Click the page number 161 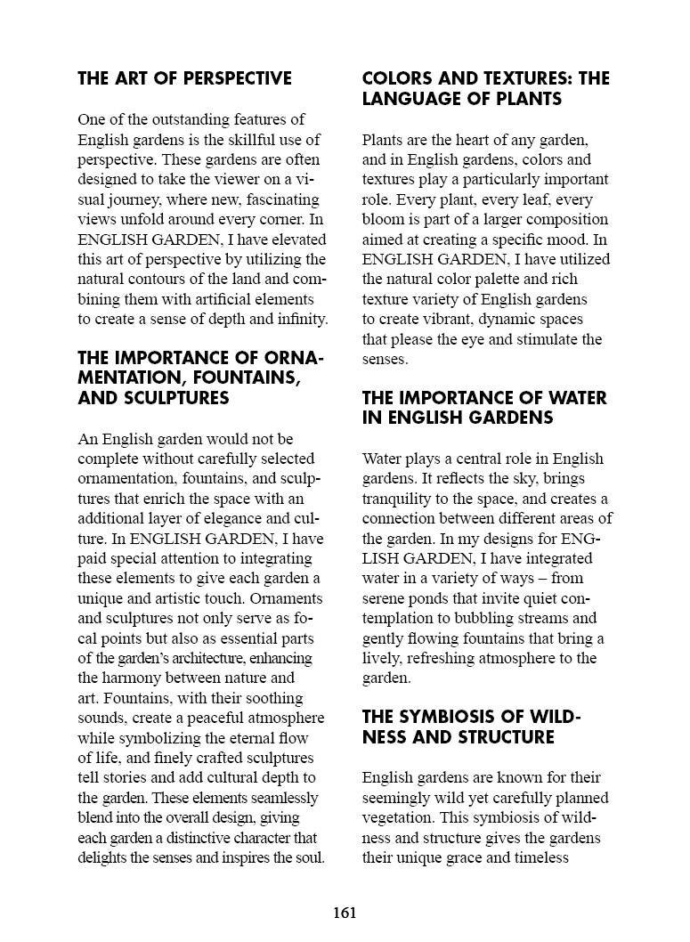[x=345, y=913]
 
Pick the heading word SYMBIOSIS [x=447, y=718]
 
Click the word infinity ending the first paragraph [x=299, y=319]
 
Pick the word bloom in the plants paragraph [x=383, y=219]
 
